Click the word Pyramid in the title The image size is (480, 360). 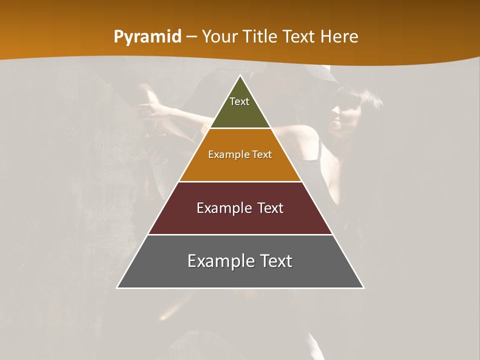click(147, 37)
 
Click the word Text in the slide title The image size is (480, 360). click(299, 37)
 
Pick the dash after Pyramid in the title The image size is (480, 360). click(191, 37)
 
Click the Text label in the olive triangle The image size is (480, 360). click(239, 101)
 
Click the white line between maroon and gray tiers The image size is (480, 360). click(240, 234)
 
